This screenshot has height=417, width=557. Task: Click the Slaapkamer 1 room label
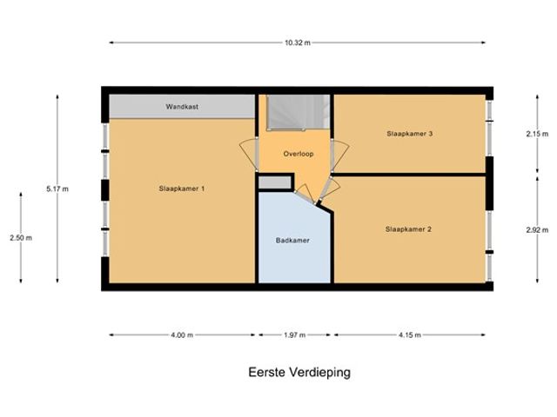click(x=182, y=189)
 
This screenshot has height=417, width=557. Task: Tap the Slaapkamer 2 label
click(x=408, y=229)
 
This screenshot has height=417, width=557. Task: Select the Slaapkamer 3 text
click(x=410, y=134)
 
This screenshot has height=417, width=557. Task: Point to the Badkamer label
click(x=292, y=241)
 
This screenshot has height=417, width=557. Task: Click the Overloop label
click(x=299, y=154)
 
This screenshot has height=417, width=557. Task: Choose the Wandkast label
click(x=182, y=106)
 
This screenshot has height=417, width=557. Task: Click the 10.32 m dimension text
click(x=298, y=43)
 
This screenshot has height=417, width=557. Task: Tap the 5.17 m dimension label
click(x=57, y=189)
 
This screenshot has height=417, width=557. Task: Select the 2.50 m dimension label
click(x=21, y=238)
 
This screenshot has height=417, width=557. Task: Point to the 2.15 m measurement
click(x=537, y=134)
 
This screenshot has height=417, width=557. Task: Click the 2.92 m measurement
click(x=537, y=229)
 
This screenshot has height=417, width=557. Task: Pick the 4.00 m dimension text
click(x=182, y=335)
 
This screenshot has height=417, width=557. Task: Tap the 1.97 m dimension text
click(x=294, y=335)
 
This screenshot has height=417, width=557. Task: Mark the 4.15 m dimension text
click(x=410, y=335)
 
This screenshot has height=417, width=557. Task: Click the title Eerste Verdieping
click(x=299, y=373)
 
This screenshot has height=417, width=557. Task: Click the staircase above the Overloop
click(x=299, y=112)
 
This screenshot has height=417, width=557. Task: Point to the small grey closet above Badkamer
click(x=275, y=182)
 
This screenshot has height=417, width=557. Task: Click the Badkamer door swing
click(x=305, y=194)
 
